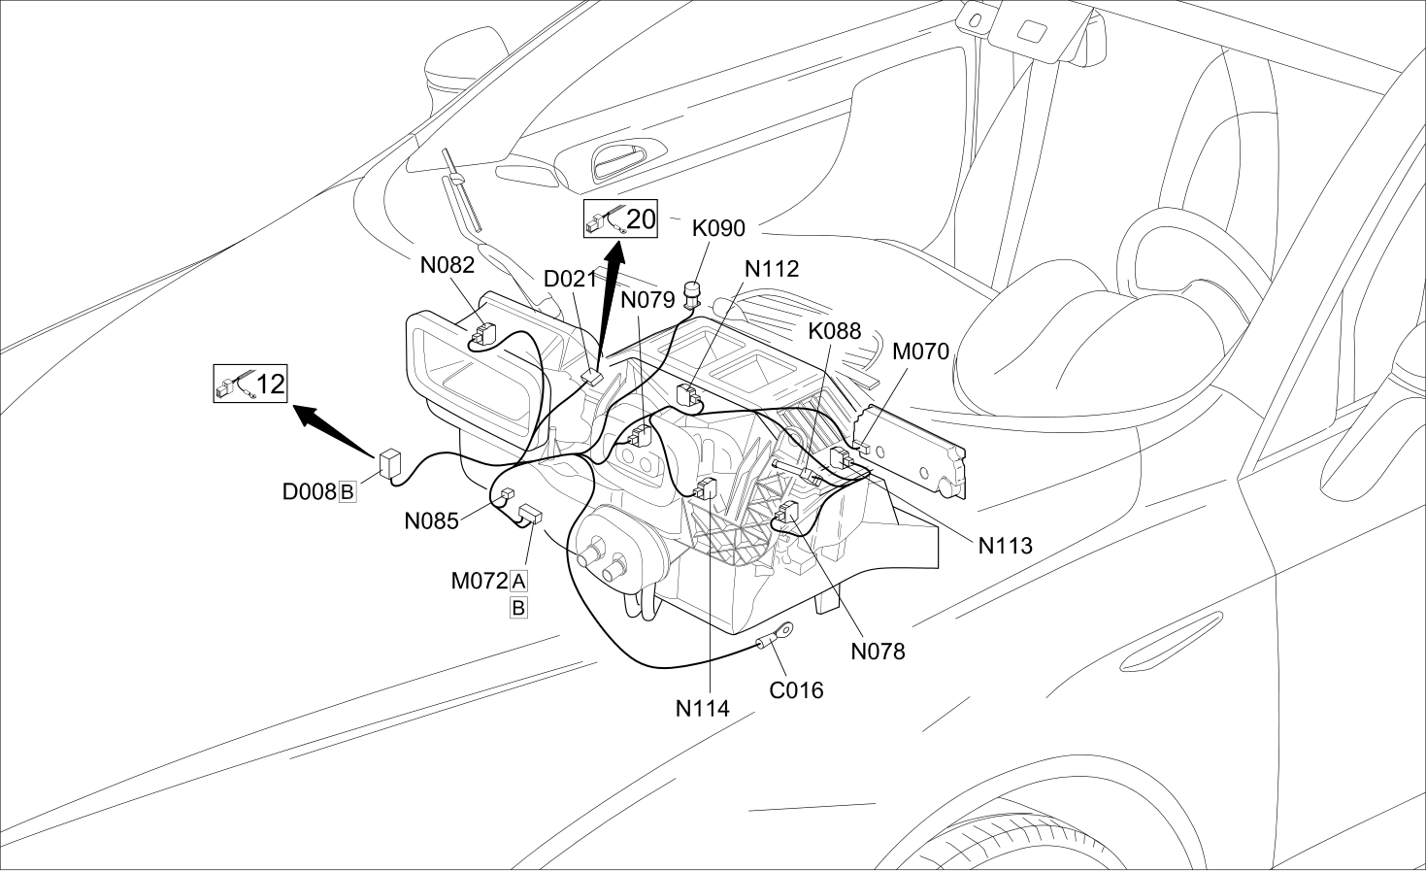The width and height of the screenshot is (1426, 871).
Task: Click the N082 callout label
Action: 447,265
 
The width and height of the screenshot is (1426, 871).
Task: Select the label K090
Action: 718,228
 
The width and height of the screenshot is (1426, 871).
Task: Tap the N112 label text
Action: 772,269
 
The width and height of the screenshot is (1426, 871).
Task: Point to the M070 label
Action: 920,351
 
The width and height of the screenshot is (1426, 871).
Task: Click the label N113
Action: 1006,545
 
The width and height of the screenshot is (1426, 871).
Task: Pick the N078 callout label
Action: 878,651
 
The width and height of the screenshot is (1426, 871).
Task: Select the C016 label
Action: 796,690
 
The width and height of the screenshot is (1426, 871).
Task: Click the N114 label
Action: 702,708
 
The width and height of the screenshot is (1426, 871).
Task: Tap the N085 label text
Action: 431,520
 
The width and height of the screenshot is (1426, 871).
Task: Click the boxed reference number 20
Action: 641,219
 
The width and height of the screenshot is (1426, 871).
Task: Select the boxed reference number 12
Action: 271,384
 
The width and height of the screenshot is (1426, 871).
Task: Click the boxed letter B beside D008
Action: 347,492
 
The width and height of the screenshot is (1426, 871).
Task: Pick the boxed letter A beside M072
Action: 518,581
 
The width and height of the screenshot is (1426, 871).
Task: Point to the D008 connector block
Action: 389,463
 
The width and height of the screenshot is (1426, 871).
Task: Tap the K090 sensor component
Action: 691,295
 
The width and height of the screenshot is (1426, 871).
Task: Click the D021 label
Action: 571,279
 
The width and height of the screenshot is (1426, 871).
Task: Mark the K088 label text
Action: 835,330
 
